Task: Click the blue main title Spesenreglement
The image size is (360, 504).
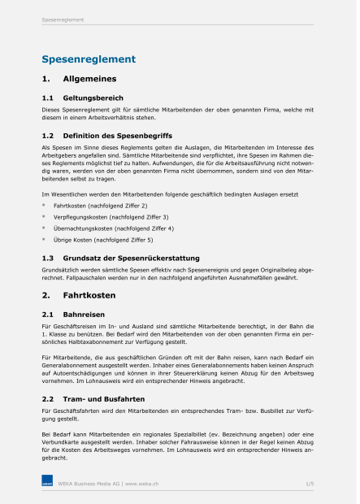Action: click(x=89, y=59)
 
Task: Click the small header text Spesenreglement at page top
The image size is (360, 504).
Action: click(x=63, y=20)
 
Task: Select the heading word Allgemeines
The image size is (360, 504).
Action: click(x=89, y=79)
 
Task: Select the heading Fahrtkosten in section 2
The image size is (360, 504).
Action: click(x=89, y=295)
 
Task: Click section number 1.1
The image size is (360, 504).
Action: click(x=47, y=98)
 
